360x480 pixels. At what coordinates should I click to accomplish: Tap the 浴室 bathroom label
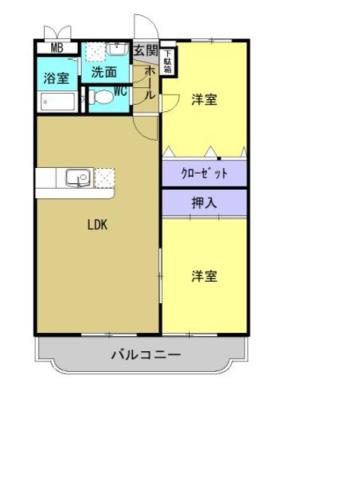(55, 78)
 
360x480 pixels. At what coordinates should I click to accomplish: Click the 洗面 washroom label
(103, 72)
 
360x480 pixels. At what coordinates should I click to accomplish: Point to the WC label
(119, 92)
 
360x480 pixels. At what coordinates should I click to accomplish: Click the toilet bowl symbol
(101, 98)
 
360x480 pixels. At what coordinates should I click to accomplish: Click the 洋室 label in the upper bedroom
(205, 99)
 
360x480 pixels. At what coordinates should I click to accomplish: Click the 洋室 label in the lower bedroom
(205, 276)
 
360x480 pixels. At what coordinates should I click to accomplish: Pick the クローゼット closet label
(204, 173)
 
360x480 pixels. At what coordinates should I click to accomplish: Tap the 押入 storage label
(204, 202)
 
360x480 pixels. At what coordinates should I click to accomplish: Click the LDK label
(97, 224)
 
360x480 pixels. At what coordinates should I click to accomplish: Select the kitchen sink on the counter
(76, 179)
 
